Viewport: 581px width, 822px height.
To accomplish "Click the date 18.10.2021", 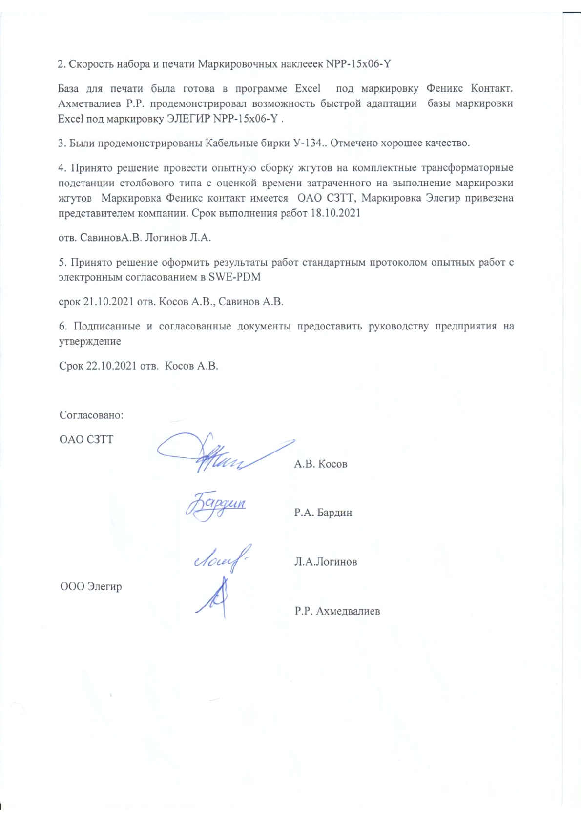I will tap(335, 213).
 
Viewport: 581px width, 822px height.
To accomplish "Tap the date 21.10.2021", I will tap(108, 302).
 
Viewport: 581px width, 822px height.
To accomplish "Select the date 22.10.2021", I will tap(111, 366).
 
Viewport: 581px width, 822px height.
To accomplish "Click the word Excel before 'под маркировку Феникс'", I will tap(308, 89).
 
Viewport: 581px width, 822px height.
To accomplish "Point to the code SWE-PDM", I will tap(234, 277).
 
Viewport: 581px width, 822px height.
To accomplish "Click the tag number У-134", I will tap(307, 143).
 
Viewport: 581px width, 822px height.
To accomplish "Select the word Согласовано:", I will tap(91, 415).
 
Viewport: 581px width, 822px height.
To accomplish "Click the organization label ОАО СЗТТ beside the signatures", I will tap(86, 440).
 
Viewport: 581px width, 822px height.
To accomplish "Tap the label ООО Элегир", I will tap(91, 586).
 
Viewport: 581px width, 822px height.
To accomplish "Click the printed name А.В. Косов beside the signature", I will tap(320, 464).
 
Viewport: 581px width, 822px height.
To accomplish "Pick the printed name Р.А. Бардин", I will tap(323, 513).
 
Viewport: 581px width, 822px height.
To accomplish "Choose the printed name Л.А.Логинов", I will tap(325, 562).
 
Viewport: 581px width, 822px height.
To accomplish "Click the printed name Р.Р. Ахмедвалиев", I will tap(337, 611).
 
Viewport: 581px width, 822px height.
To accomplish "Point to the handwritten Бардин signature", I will tap(216, 506).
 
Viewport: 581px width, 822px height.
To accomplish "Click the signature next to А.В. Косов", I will tap(220, 453).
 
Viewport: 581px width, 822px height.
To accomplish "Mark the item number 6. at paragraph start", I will tap(62, 326).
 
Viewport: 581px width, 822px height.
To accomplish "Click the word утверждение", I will tap(90, 341).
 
